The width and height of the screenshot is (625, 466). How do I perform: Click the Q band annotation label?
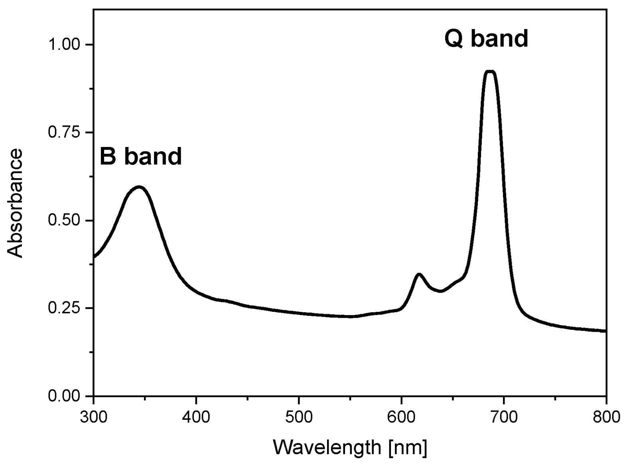pyautogui.click(x=486, y=39)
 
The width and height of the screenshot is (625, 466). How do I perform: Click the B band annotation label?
pyautogui.click(x=140, y=156)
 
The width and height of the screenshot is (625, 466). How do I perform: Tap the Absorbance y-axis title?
pyautogui.click(x=15, y=203)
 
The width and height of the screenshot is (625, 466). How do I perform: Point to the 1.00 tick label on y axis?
pyautogui.click(x=65, y=44)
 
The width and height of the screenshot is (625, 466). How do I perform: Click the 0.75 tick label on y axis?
pyautogui.click(x=65, y=132)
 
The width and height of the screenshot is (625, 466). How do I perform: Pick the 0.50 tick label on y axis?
pyautogui.click(x=65, y=220)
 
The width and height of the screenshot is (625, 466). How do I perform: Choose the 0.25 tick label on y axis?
pyautogui.click(x=65, y=308)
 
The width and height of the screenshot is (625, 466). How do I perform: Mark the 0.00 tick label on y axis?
pyautogui.click(x=65, y=396)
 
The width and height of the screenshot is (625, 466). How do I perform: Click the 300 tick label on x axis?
pyautogui.click(x=93, y=417)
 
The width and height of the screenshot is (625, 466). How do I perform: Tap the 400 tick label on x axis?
pyautogui.click(x=196, y=417)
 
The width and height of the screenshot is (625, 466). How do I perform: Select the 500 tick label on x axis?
pyautogui.click(x=298, y=417)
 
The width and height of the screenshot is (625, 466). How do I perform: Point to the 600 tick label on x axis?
pyautogui.click(x=401, y=417)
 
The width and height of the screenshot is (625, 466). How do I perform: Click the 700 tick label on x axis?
pyautogui.click(x=503, y=417)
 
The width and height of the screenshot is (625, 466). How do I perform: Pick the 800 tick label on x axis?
pyautogui.click(x=606, y=417)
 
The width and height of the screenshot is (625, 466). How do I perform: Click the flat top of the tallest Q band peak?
pyautogui.click(x=490, y=72)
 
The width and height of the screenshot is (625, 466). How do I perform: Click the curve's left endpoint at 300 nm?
pyautogui.click(x=94, y=257)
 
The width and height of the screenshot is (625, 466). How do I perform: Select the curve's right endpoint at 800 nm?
pyautogui.click(x=605, y=331)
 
